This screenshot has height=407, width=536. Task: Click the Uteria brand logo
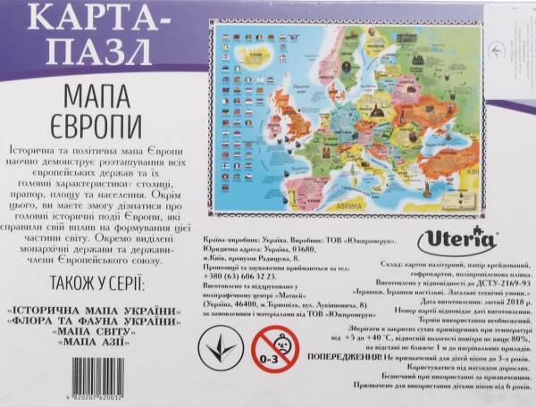(451, 243)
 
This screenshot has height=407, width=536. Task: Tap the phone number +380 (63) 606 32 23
(241, 278)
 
